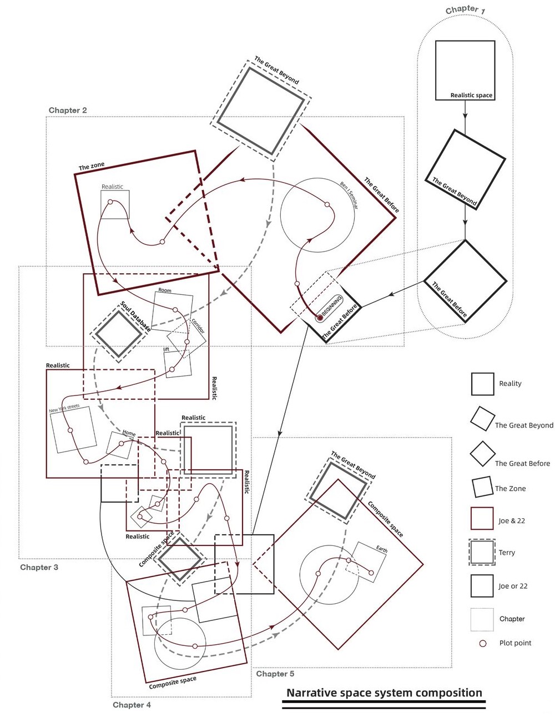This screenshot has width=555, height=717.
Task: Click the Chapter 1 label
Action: click(x=465, y=10)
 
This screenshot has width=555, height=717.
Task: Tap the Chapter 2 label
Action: click(x=68, y=110)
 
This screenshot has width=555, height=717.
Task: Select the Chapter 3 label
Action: click(x=39, y=567)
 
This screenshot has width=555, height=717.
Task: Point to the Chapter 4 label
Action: click(x=132, y=704)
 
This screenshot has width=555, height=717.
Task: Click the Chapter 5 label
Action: click(x=275, y=673)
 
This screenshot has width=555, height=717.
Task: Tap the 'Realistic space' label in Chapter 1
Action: click(x=471, y=96)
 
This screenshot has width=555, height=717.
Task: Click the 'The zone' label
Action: click(x=91, y=166)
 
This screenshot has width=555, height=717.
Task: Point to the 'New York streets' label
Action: click(x=64, y=408)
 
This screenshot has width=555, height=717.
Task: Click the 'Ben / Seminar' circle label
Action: click(x=349, y=195)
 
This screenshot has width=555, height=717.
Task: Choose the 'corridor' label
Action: click(x=198, y=326)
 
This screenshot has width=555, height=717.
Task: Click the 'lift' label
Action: click(x=166, y=349)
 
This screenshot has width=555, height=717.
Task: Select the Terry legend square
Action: click(x=482, y=552)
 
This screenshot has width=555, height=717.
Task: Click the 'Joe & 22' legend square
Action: click(x=482, y=518)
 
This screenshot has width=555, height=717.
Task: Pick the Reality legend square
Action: click(x=482, y=384)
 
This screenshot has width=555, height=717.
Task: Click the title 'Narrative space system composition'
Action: click(x=384, y=692)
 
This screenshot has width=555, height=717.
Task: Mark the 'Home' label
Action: click(x=129, y=433)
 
